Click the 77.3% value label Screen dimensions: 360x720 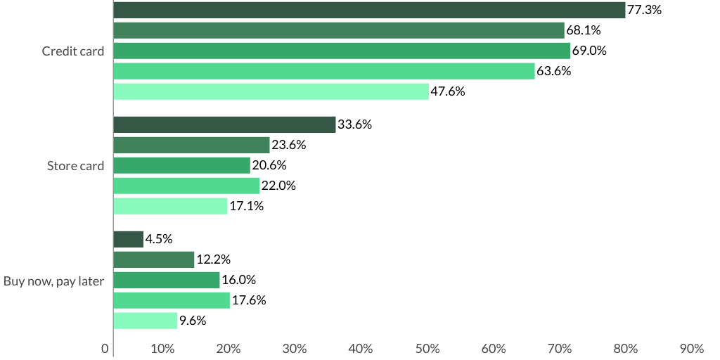[x=643, y=10]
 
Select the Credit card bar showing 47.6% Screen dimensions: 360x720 [x=271, y=91]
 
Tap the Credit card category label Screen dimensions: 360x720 [x=73, y=51]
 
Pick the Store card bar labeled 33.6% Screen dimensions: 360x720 [x=224, y=124]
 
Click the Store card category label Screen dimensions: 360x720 [x=76, y=166]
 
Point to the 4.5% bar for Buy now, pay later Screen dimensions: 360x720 [x=128, y=239]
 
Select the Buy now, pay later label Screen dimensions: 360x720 [x=54, y=281]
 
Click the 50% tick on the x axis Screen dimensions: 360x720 [x=427, y=349]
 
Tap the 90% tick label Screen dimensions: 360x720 [x=692, y=349]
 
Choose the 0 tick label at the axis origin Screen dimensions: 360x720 [x=105, y=349]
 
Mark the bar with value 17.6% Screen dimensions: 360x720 [x=172, y=300]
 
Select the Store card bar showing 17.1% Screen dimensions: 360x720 [x=170, y=206]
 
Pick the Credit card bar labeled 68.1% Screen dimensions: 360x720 [x=338, y=30]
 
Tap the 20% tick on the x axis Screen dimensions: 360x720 [x=229, y=349]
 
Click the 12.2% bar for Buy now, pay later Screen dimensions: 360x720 [x=153, y=259]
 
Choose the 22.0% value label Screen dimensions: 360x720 [x=278, y=186]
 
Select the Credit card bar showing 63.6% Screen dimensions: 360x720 [x=323, y=71]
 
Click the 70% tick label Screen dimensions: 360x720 [x=560, y=349]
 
